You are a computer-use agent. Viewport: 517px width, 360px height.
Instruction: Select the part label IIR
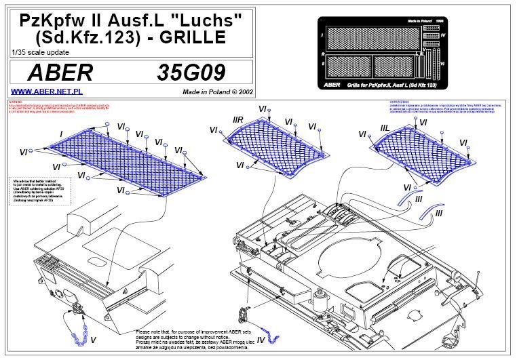tap(237, 119)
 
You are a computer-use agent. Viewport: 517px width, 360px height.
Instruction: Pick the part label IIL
tap(384, 127)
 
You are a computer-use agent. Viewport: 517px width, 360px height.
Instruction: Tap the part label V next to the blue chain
tap(93, 338)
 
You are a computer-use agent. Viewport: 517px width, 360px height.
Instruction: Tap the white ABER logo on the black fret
tap(332, 85)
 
